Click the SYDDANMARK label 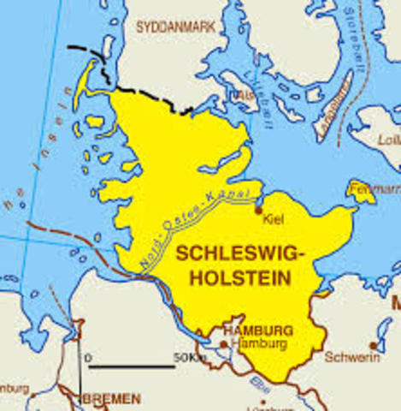tap(176, 27)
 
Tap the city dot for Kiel tap(258, 209)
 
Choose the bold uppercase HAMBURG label tap(257, 330)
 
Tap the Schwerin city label tap(352, 357)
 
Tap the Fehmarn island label tap(381, 188)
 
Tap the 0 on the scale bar tap(89, 355)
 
